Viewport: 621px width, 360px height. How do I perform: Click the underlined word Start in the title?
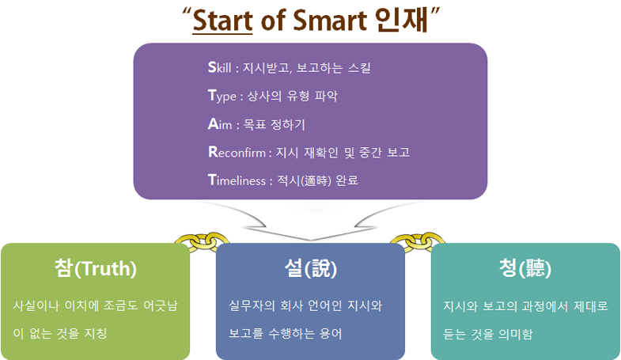click(222, 21)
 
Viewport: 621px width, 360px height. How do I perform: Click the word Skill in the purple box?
click(219, 68)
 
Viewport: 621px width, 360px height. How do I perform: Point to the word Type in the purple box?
click(222, 97)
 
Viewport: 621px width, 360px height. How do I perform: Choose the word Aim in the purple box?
click(220, 124)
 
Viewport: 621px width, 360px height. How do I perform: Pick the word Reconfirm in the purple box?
click(237, 152)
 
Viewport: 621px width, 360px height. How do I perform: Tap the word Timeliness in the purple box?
click(237, 180)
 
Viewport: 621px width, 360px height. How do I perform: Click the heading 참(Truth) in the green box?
click(96, 268)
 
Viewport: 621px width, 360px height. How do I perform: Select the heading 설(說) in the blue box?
click(310, 268)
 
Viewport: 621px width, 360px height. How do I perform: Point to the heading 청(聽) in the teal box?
click(525, 268)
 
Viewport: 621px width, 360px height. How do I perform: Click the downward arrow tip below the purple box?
click(310, 240)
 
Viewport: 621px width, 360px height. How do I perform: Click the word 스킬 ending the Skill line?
click(359, 68)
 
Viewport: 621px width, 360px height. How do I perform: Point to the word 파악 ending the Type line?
click(326, 97)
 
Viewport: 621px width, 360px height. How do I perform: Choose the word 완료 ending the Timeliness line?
click(346, 180)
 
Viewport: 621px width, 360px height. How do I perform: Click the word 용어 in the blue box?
click(331, 333)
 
